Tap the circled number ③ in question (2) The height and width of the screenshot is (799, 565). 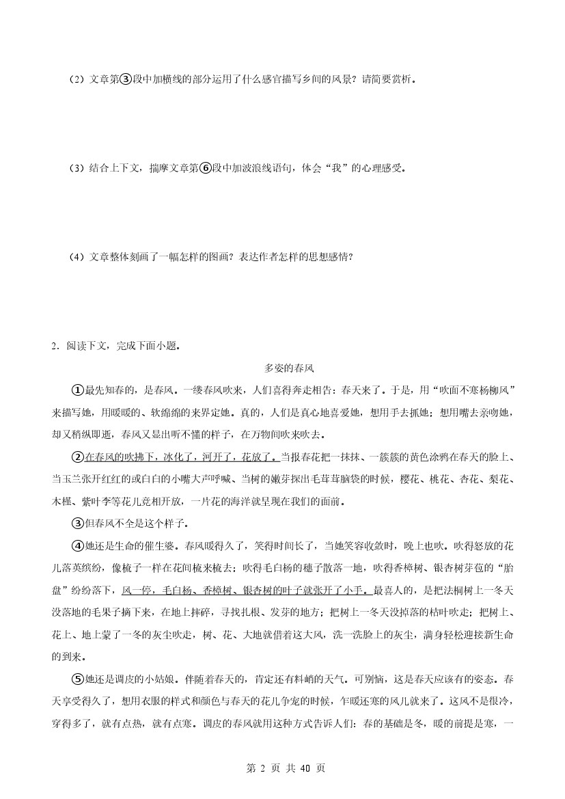[x=124, y=79]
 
